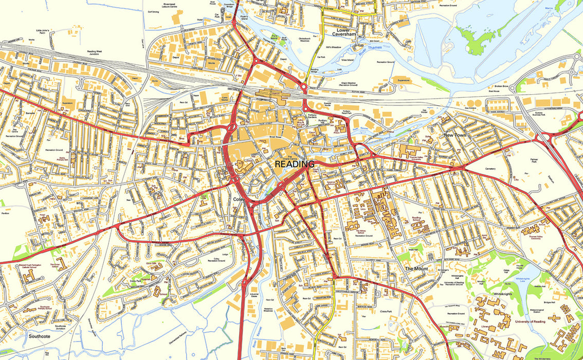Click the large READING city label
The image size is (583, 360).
pos(295,165)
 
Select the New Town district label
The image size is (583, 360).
pos(455,135)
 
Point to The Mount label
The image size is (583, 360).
pos(416,269)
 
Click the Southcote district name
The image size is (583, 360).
pos(39,336)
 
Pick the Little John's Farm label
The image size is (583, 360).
pos(42,32)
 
